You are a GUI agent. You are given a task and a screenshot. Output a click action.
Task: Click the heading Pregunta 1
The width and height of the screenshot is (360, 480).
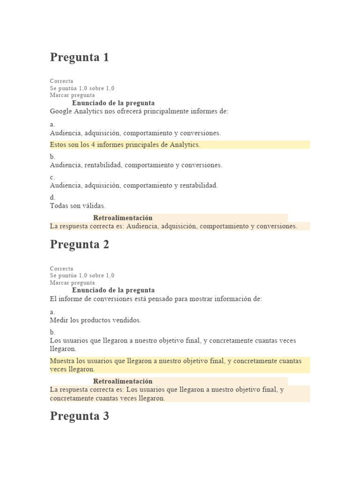click(79, 58)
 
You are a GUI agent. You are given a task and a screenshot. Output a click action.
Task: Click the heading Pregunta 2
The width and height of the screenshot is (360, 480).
click(79, 245)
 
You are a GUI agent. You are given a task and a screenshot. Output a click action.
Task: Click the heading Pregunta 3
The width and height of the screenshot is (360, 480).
click(79, 416)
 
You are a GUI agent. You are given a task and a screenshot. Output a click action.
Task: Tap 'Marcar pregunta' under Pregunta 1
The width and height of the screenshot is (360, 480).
click(72, 95)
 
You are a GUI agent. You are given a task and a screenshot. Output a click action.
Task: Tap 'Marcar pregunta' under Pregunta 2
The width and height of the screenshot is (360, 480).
click(72, 283)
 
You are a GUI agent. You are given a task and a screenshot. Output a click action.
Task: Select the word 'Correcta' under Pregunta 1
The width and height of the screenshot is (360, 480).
click(61, 81)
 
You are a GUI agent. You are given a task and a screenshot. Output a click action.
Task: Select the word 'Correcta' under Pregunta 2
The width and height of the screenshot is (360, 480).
click(61, 269)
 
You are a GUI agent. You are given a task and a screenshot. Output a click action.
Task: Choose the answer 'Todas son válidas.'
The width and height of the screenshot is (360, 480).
click(78, 206)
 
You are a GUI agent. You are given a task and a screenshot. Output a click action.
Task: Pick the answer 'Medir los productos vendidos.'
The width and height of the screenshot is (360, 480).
click(95, 321)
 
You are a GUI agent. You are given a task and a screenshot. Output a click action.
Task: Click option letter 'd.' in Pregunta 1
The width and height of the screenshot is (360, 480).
click(52, 198)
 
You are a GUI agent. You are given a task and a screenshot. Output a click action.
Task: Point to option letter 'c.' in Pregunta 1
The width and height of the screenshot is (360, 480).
click(52, 177)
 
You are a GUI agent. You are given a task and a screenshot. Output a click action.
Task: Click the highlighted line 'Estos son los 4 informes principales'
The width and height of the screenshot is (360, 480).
click(125, 145)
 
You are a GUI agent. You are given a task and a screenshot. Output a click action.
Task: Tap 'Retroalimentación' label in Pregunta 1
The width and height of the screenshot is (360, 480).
click(123, 218)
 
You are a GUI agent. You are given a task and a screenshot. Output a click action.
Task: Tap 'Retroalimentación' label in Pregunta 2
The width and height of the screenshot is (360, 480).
click(123, 381)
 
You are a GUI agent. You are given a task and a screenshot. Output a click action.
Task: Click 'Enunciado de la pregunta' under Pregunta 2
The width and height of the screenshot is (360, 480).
click(113, 290)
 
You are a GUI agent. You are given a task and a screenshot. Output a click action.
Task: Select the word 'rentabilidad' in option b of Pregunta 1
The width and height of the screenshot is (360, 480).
click(104, 165)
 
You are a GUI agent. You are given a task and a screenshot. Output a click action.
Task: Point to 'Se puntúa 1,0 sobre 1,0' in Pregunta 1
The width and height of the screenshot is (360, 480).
click(82, 88)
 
